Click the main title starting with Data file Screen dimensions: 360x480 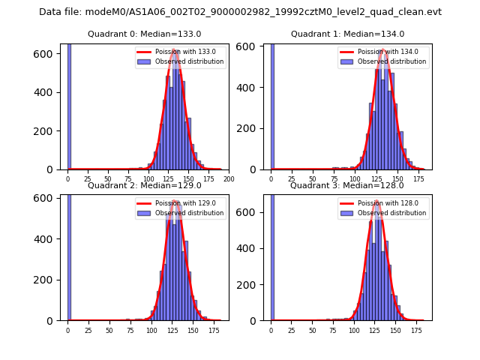240,12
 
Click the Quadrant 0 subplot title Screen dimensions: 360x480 145,34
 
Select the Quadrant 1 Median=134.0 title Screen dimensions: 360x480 347,34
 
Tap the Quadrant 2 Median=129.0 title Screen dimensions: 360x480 145,185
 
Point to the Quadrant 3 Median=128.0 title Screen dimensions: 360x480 347,185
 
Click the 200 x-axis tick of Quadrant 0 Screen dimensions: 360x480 229,179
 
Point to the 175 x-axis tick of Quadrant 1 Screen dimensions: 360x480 416,179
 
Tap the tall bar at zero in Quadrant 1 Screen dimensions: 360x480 271,105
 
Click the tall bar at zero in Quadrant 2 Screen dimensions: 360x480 69,255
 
